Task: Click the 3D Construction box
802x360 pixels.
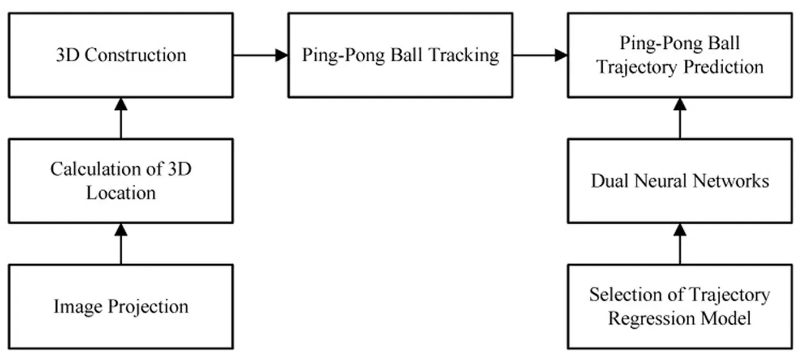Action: pos(121,55)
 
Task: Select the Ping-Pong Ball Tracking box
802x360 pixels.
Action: pos(400,55)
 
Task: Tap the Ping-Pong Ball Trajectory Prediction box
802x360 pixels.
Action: pos(680,55)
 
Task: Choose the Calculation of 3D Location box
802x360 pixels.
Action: pos(121,181)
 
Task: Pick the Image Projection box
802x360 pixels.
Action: pos(121,306)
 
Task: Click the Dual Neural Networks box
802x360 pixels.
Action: pos(680,181)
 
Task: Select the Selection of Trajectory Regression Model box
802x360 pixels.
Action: pos(680,306)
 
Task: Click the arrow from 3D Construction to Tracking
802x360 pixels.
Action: pos(260,55)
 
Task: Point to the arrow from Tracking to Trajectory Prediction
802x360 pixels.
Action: pos(540,55)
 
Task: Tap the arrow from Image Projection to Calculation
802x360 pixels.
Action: pos(121,244)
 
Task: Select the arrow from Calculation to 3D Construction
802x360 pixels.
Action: pos(121,118)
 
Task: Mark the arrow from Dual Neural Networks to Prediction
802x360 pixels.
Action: pos(680,118)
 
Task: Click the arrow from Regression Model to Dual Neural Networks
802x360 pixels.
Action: pos(680,244)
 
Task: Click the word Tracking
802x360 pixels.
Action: pos(464,56)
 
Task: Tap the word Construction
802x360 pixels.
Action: pos(135,55)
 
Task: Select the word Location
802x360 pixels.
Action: pos(121,193)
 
